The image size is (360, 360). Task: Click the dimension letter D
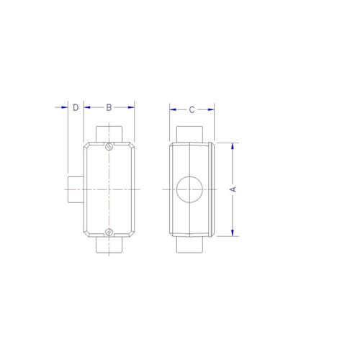[x=76, y=107]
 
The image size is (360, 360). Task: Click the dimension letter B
[x=109, y=107]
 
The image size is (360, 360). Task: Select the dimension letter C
[x=192, y=110]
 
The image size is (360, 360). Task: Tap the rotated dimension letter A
[x=233, y=189]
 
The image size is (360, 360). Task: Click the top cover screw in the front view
[x=109, y=146]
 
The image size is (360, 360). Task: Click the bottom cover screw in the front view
[x=109, y=232]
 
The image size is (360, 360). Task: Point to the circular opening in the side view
[x=189, y=189]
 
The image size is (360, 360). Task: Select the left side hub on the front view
[x=76, y=189]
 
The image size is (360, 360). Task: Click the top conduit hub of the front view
[x=109, y=134]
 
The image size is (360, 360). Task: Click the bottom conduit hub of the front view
[x=109, y=245]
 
